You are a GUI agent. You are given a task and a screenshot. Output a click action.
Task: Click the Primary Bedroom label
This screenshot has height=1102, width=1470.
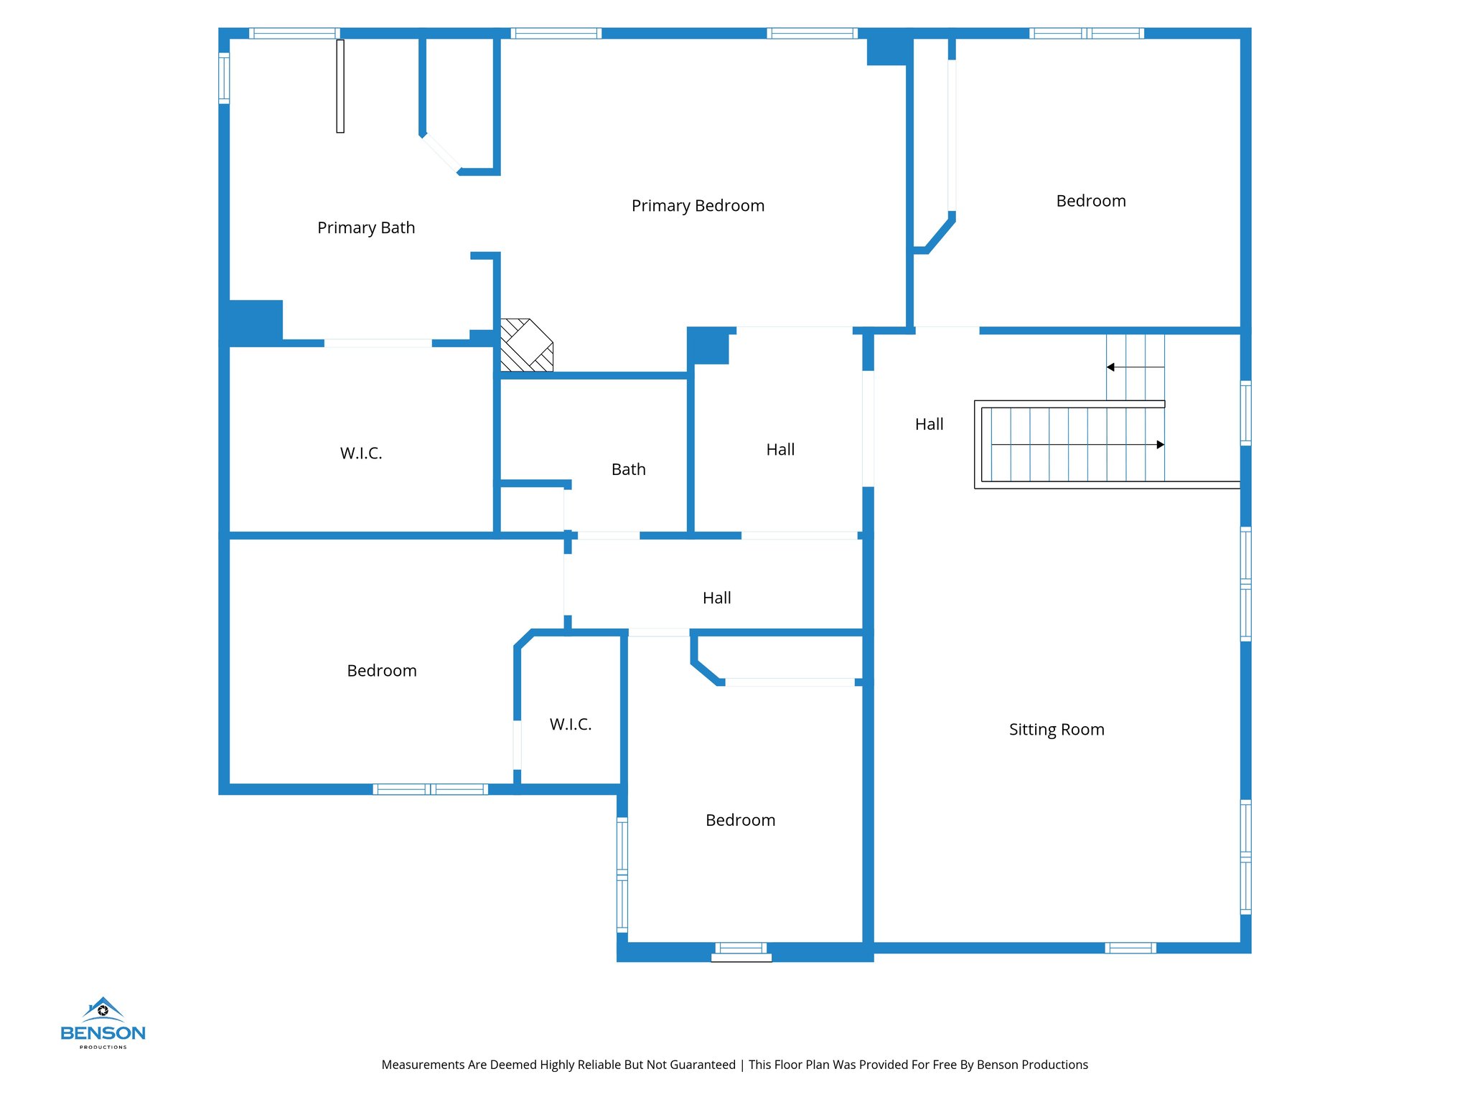click(698, 206)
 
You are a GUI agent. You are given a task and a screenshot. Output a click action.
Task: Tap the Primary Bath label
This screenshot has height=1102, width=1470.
click(366, 228)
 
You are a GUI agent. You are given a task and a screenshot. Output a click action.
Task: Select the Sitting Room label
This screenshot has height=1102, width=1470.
click(1056, 730)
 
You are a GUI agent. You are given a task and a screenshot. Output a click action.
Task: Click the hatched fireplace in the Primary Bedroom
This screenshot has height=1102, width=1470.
click(526, 345)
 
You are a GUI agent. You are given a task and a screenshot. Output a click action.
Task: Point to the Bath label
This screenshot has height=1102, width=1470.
click(628, 469)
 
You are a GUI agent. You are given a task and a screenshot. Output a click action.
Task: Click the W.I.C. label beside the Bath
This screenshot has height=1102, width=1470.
click(361, 453)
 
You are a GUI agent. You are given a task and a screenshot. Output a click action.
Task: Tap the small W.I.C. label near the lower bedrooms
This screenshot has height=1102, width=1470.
click(571, 725)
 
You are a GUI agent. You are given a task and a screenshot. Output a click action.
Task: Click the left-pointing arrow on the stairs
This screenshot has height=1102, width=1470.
click(1111, 367)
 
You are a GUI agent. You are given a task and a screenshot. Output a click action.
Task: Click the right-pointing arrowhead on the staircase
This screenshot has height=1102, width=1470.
click(1160, 445)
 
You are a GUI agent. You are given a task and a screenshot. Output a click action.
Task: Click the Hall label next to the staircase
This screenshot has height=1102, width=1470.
click(929, 425)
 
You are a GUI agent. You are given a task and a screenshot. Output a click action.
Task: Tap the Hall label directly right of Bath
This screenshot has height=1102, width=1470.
click(780, 450)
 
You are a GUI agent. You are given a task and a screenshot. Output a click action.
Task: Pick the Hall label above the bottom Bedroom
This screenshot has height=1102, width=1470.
click(716, 598)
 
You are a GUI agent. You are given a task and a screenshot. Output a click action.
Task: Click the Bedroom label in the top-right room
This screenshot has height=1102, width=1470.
click(1090, 201)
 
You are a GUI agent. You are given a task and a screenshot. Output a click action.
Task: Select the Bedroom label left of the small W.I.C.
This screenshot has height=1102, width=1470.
click(381, 671)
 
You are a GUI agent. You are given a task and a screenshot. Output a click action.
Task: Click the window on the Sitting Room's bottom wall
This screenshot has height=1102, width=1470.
click(1130, 948)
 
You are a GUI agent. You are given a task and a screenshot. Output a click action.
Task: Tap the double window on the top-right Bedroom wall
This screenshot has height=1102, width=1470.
click(1086, 33)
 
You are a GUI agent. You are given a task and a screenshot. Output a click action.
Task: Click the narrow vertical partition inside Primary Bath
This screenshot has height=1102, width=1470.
click(340, 86)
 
